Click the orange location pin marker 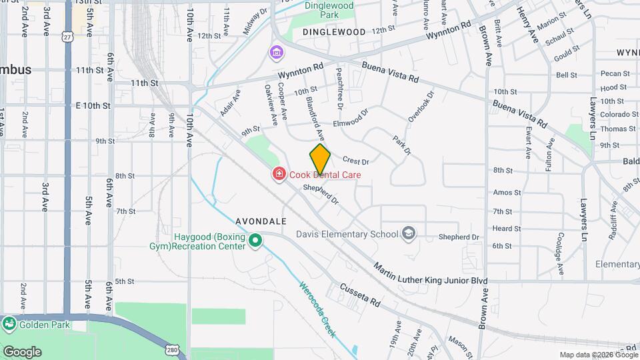pyautogui.click(x=320, y=158)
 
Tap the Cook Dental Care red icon pyautogui.click(x=279, y=175)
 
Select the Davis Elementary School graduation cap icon pyautogui.click(x=408, y=234)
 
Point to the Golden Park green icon pyautogui.click(x=9, y=325)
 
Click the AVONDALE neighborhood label pyautogui.click(x=261, y=221)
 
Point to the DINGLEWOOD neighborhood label pyautogui.click(x=334, y=32)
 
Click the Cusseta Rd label pyautogui.click(x=360, y=294)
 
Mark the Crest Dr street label pyautogui.click(x=355, y=161)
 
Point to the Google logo pyautogui.click(x=22, y=352)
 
